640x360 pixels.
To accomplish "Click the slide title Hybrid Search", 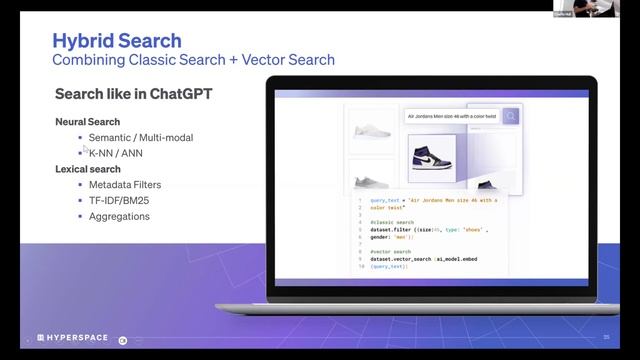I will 117,41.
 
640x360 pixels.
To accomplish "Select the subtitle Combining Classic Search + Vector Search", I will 193,60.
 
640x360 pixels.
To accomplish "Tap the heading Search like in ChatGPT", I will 133,95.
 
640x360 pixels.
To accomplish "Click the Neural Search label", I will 88,121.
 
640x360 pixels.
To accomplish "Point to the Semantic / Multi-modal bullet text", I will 141,137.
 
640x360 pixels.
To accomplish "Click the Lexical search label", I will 88,169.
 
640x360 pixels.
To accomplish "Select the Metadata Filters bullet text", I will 125,185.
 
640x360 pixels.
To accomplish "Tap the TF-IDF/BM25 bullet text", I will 120,200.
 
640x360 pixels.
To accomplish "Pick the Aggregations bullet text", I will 119,216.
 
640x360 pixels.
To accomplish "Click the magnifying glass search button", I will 511,116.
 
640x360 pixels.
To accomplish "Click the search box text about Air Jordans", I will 450,116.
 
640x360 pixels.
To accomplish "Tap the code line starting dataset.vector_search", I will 420,260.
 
